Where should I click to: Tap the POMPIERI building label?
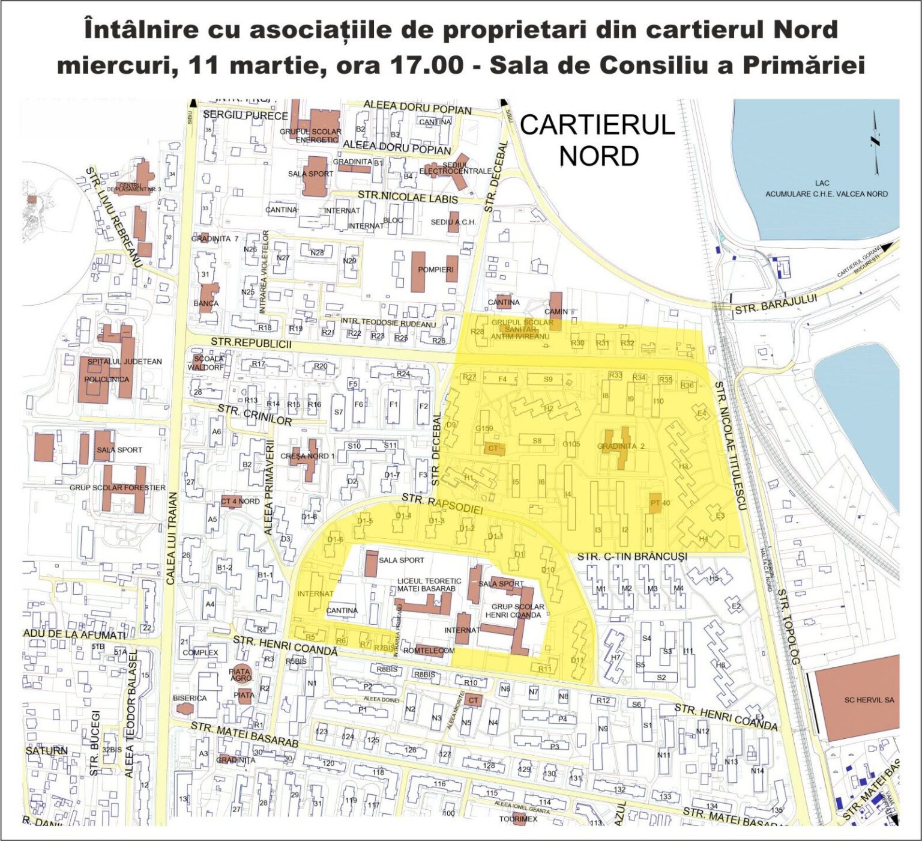tap(436, 270)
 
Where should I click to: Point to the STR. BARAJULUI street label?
tap(776, 306)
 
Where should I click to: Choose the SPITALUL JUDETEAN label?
tap(125, 362)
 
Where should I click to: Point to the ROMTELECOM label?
tap(429, 651)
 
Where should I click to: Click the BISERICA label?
tap(190, 698)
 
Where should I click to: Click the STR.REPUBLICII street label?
tap(251, 343)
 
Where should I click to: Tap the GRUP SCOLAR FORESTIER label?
tap(117, 488)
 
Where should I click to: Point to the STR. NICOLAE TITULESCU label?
tap(729, 445)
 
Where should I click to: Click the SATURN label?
tap(46, 751)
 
